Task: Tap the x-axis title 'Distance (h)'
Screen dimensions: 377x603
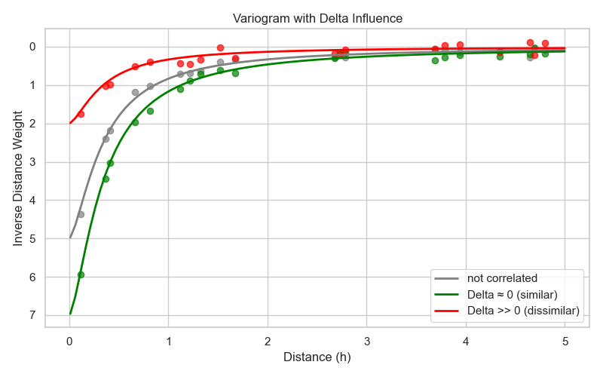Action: (x=317, y=357)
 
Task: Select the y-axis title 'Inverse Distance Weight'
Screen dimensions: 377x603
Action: (x=18, y=179)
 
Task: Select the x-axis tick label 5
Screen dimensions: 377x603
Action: (x=565, y=341)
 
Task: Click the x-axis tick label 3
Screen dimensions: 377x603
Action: (x=367, y=341)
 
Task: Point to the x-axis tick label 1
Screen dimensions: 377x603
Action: (x=169, y=341)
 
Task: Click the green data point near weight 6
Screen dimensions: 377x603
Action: (x=81, y=274)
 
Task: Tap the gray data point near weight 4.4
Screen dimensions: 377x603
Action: (x=81, y=214)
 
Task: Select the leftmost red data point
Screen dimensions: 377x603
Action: (x=81, y=114)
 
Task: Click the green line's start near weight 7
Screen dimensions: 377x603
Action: (x=70, y=313)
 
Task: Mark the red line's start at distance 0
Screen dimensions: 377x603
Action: (x=70, y=123)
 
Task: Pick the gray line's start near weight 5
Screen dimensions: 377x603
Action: (x=70, y=237)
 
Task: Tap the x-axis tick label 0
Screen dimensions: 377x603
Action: (x=69, y=341)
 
